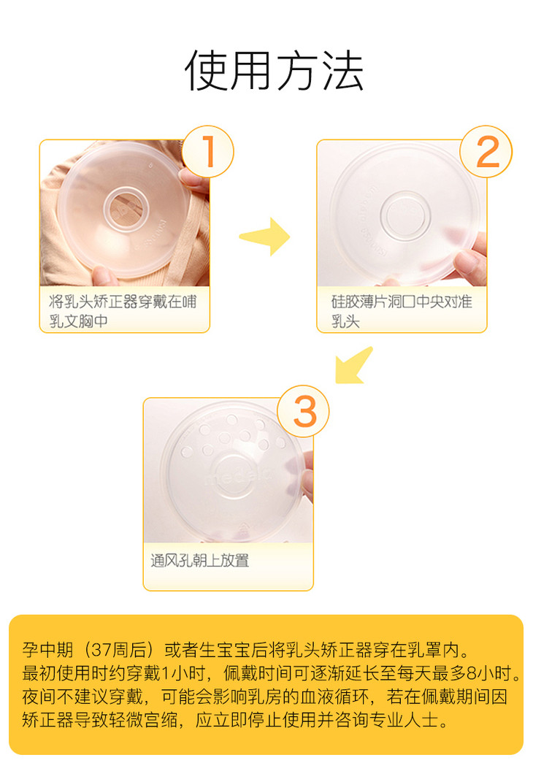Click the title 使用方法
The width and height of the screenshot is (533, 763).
(274, 71)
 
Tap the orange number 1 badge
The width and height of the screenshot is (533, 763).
(208, 151)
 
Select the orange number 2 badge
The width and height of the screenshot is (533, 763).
(486, 151)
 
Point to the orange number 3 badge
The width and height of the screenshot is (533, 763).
(303, 411)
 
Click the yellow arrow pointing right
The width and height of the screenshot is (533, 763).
(265, 237)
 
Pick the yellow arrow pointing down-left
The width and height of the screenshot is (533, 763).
(354, 365)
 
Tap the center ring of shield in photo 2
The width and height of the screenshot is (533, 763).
(405, 215)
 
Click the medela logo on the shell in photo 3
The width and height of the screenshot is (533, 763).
(239, 475)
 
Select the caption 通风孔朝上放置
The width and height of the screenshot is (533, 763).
(199, 561)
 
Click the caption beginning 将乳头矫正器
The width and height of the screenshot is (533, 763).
(122, 311)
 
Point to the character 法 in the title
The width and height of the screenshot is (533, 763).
(344, 71)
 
